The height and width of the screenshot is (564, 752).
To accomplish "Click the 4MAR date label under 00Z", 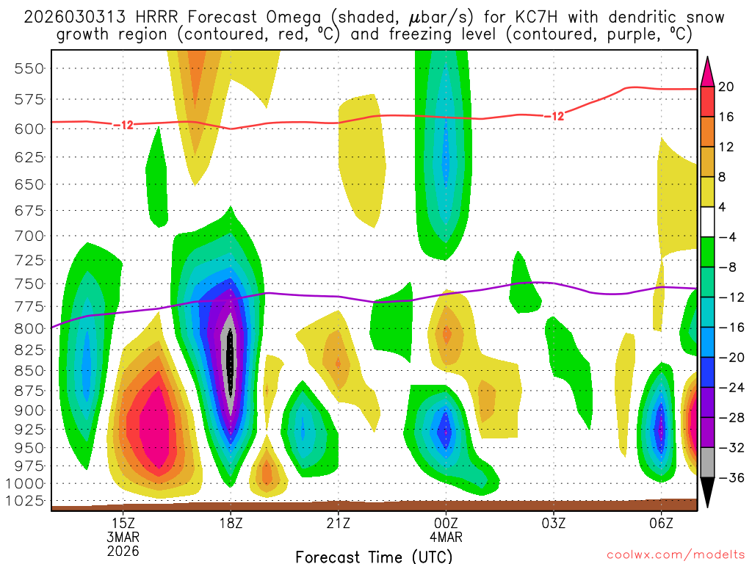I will click(446, 537).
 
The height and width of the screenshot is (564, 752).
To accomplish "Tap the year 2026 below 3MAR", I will click(123, 550).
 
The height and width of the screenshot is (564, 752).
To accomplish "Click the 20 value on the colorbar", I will click(726, 87).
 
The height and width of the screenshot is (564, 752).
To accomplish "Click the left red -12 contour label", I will click(123, 125).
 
